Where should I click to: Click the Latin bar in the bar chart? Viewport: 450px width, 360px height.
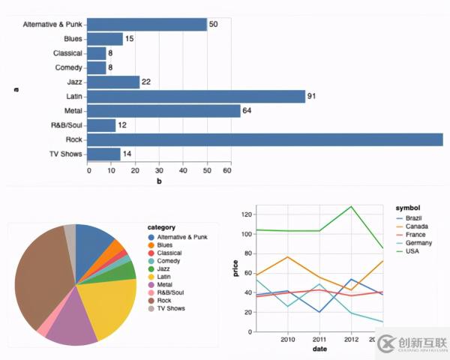pyautogui.click(x=196, y=96)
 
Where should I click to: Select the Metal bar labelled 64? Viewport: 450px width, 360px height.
pyautogui.click(x=164, y=111)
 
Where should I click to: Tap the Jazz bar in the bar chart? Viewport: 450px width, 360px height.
pyautogui.click(x=114, y=82)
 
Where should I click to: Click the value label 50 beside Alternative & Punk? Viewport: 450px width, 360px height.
pyautogui.click(x=213, y=25)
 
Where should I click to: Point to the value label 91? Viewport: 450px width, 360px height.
pyautogui.click(x=311, y=96)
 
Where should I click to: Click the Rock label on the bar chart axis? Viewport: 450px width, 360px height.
pyautogui.click(x=73, y=139)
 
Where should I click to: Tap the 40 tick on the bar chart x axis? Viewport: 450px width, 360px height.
pyautogui.click(x=181, y=171)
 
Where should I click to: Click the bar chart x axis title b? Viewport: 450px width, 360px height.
pyautogui.click(x=159, y=181)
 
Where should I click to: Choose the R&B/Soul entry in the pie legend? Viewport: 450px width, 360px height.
pyautogui.click(x=171, y=292)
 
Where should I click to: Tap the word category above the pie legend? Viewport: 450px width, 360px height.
pyautogui.click(x=161, y=227)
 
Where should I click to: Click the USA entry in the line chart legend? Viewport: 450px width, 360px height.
pyautogui.click(x=412, y=250)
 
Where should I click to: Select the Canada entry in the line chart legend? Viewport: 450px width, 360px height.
pyautogui.click(x=417, y=226)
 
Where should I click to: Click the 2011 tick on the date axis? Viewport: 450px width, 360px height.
pyautogui.click(x=319, y=339)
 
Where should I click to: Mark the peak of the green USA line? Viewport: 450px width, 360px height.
pyautogui.click(x=351, y=206)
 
